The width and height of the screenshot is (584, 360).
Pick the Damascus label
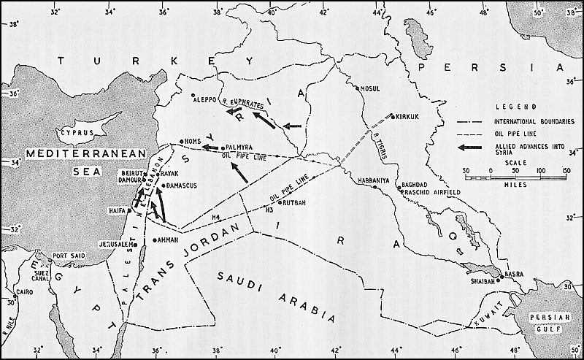(182, 186)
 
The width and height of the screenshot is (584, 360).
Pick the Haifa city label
(117, 212)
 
